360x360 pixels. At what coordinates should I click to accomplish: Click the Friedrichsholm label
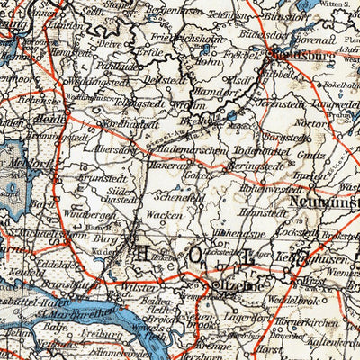(x=203, y=40)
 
